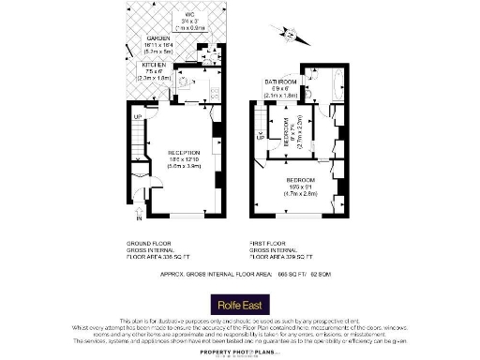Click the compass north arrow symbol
(x=291, y=37)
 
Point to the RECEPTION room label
(x=184, y=152)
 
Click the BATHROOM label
(x=279, y=82)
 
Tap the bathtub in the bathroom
(x=336, y=86)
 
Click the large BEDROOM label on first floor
(x=300, y=180)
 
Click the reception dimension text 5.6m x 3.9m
(x=184, y=166)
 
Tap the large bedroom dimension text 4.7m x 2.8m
(x=300, y=194)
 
